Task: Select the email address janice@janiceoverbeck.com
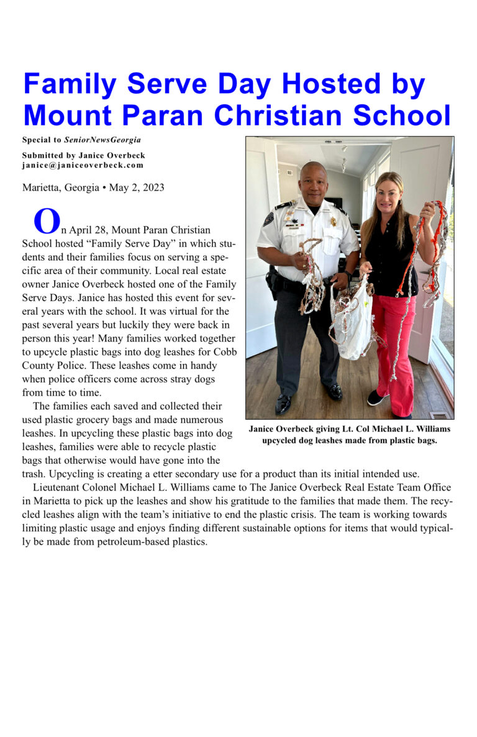(x=83, y=165)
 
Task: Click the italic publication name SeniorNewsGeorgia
(x=102, y=140)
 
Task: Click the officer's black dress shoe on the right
(x=334, y=392)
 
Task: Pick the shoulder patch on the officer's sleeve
(x=268, y=219)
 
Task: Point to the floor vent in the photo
(x=438, y=415)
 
